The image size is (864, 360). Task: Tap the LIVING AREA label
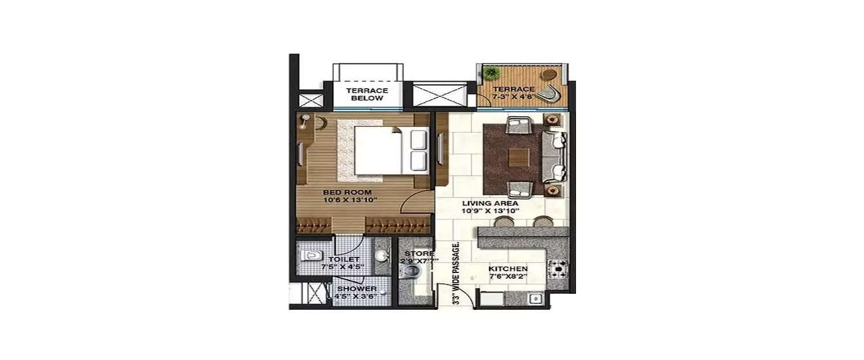point(483,203)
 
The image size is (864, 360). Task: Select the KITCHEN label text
point(508,269)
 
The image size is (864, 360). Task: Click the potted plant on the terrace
point(492,73)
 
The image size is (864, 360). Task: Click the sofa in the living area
point(555,156)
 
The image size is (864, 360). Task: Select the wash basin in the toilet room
point(381,255)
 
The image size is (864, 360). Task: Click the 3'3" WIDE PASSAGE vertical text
point(456,273)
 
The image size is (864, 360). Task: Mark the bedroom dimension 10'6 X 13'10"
point(349,200)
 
